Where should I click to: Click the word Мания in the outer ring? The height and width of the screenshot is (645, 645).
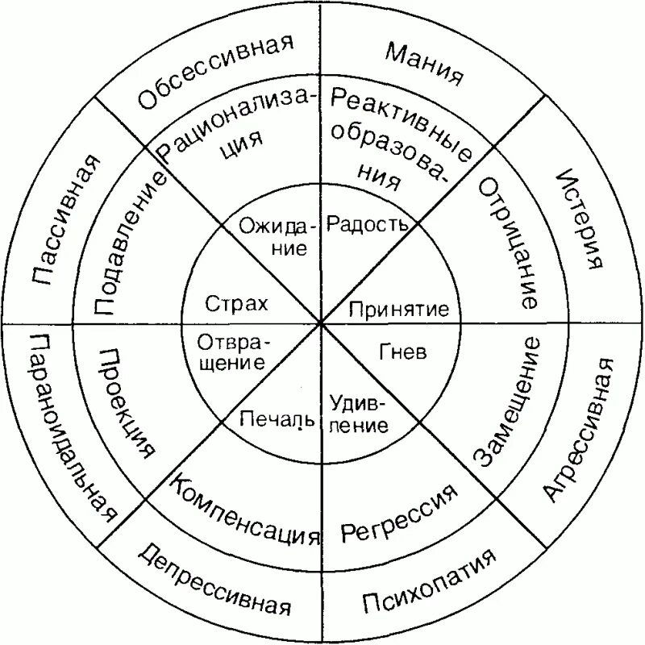pyautogui.click(x=424, y=64)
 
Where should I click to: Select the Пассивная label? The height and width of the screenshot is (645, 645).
pyautogui.click(x=67, y=221)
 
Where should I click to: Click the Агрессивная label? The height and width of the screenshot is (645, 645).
pyautogui.click(x=579, y=428)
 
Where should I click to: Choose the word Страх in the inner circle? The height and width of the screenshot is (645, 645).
pyautogui.click(x=235, y=304)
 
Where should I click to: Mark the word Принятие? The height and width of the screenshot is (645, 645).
pyautogui.click(x=398, y=308)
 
